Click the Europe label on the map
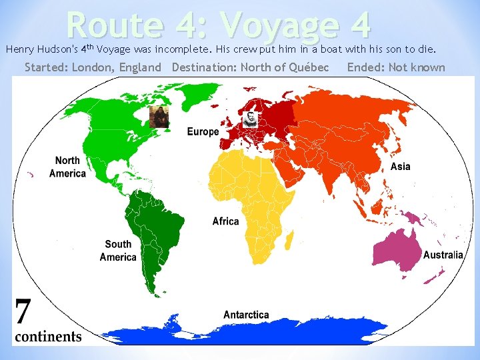pyautogui.click(x=203, y=131)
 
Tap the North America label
pyautogui.click(x=67, y=167)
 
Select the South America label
pyautogui.click(x=118, y=251)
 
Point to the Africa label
pyautogui.click(x=225, y=221)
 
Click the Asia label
pyautogui.click(x=401, y=166)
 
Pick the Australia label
pyautogui.click(x=443, y=255)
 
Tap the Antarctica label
pyautogui.click(x=246, y=315)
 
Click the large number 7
pyautogui.click(x=23, y=312)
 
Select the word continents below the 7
pyautogui.click(x=48, y=336)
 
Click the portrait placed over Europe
pyautogui.click(x=249, y=118)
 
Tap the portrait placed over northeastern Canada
pyautogui.click(x=159, y=117)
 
